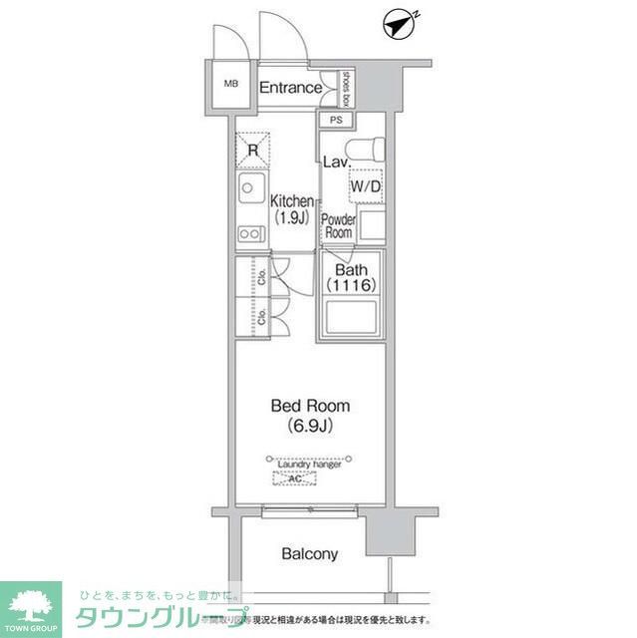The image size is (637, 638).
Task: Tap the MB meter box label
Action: coord(230,84)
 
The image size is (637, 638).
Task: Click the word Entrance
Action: coord(290,88)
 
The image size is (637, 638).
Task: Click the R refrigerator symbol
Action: coord(253,152)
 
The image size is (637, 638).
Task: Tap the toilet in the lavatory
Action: coord(370,147)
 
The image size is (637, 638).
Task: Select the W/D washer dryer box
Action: coord(365,185)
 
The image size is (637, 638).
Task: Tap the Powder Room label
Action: coord(338,225)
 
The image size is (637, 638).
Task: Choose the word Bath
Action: coord(351,270)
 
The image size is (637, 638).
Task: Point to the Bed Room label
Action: coord(309,406)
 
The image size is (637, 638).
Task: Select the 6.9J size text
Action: coord(309,426)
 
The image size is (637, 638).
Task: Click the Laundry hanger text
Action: coord(308,465)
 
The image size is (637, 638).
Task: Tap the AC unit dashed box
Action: coord(295,479)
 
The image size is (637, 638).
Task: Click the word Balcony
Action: coord(309,554)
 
